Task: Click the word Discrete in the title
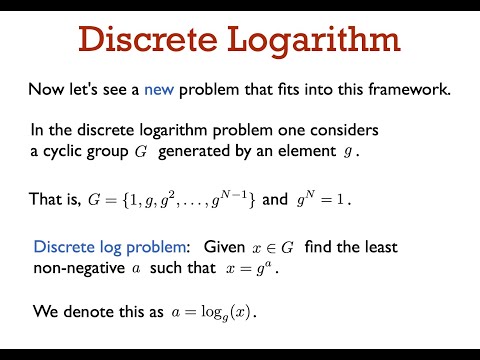(147, 41)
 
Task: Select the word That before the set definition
(47, 199)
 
